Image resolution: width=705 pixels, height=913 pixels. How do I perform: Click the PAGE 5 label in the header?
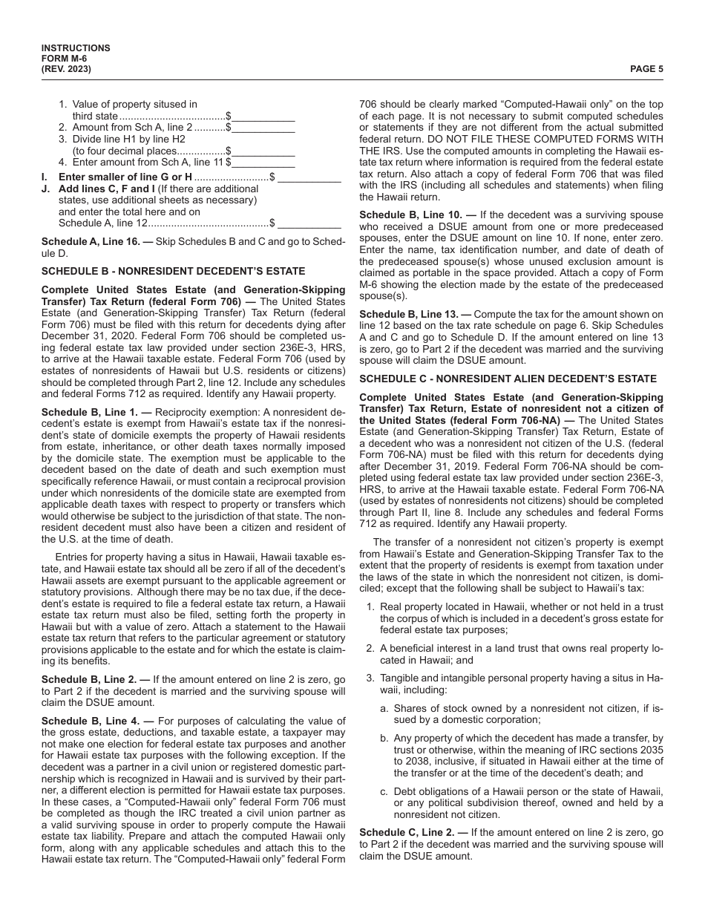click(x=646, y=69)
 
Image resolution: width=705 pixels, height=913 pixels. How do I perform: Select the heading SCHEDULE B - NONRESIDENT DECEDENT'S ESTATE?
click(x=173, y=272)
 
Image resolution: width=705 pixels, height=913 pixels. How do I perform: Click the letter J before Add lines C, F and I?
click(x=45, y=189)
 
